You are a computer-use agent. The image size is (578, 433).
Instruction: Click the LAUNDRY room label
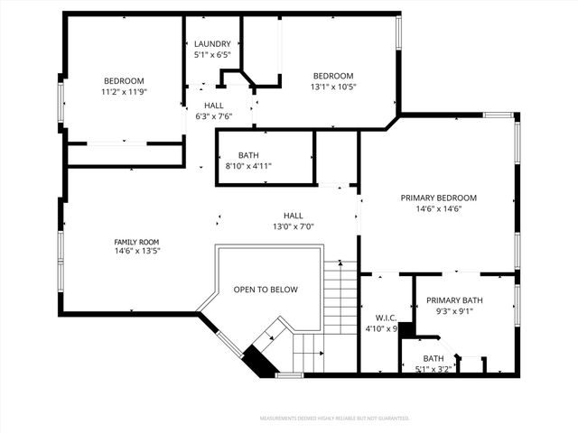[x=213, y=44]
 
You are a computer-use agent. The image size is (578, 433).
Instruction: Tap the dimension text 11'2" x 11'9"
[x=124, y=92]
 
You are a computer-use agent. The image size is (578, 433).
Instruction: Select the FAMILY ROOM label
[x=136, y=242]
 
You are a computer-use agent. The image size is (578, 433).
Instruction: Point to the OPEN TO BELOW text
[x=266, y=290]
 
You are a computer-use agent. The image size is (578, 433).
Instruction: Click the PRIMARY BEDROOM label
[x=439, y=198]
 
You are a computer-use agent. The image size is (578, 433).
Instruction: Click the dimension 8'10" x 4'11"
[x=248, y=166]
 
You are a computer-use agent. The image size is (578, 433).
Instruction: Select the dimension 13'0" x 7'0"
[x=294, y=226]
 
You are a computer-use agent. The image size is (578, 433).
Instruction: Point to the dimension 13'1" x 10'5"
[x=333, y=87]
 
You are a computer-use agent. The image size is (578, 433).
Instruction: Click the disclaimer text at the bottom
[x=334, y=419]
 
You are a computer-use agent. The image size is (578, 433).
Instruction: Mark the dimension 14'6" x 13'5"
[x=136, y=253]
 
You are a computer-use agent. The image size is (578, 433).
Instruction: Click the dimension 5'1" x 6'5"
[x=213, y=55]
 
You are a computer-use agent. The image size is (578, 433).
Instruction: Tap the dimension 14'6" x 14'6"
[x=439, y=209]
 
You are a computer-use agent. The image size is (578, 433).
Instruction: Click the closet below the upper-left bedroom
[x=124, y=154]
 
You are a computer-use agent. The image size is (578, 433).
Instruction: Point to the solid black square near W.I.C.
[x=407, y=330]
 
